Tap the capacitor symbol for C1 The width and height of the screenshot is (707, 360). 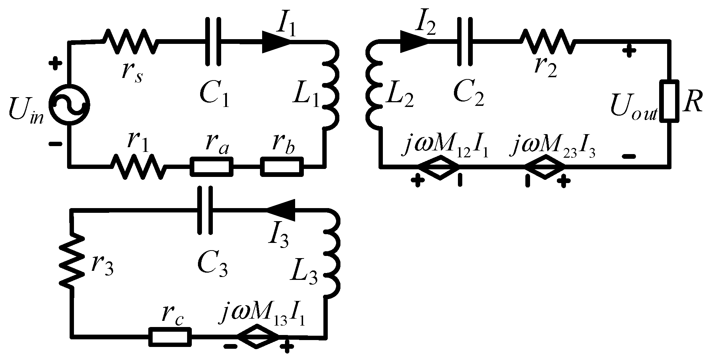[213, 41]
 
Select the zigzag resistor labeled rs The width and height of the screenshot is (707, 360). [131, 41]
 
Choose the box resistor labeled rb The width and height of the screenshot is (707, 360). [282, 167]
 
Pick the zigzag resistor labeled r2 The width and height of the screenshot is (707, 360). [547, 41]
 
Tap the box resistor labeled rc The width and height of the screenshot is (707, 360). [170, 337]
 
